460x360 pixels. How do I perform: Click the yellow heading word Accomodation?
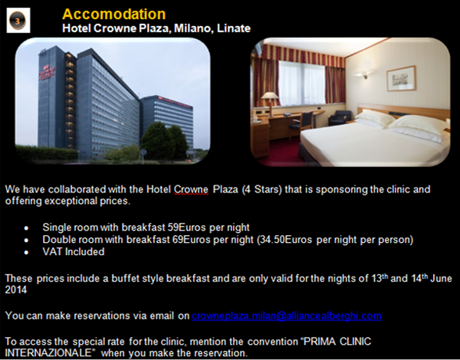113,14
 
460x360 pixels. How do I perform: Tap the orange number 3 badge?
18,21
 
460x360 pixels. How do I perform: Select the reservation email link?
287,316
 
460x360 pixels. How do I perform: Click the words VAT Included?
74,251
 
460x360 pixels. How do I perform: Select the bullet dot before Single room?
26,227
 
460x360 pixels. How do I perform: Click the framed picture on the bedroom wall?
401,78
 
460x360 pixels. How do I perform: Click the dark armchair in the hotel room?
340,117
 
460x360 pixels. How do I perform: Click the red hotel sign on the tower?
47,72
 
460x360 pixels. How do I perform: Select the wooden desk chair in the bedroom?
301,123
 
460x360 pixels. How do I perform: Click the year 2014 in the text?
16,290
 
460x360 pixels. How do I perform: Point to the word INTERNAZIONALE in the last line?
48,352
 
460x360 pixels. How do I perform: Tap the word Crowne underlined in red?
191,189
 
